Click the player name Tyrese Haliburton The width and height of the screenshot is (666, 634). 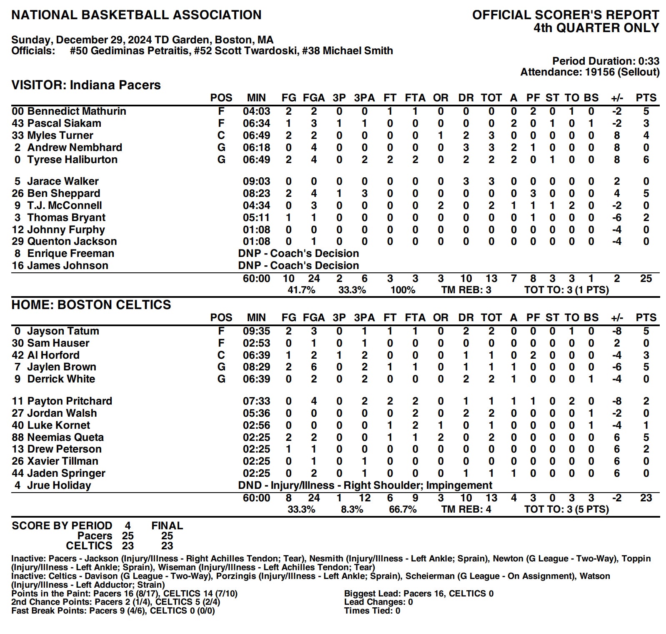[x=72, y=159]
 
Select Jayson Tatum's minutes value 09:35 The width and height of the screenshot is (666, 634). [x=256, y=331]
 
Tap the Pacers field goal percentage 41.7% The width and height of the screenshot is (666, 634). [x=301, y=290]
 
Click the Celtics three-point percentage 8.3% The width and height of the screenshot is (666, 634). [x=352, y=509]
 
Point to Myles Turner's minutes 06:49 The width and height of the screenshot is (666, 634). [x=256, y=135]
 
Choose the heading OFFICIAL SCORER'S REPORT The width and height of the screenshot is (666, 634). [x=565, y=15]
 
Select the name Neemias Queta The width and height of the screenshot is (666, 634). [x=65, y=437]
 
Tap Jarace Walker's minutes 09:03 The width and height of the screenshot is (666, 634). [x=256, y=181]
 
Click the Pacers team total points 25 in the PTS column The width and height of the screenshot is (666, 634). [x=646, y=278]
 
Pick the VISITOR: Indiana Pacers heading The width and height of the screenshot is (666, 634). [x=86, y=85]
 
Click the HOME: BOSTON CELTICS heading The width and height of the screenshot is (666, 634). [x=91, y=305]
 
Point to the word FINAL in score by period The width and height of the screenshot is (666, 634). [x=167, y=526]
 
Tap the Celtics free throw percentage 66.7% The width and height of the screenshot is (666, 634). [x=403, y=509]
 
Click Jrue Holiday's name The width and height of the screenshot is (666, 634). [x=59, y=486]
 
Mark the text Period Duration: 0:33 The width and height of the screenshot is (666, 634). [x=606, y=61]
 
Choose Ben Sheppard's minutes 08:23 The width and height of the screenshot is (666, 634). [x=256, y=193]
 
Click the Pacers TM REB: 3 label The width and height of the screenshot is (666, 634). [x=466, y=290]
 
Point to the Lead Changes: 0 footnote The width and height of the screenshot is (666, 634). [x=378, y=602]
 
